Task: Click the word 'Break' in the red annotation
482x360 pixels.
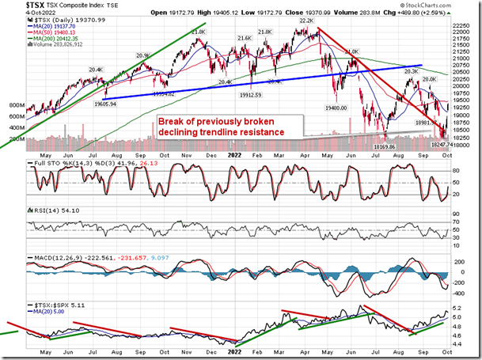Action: point(172,121)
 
